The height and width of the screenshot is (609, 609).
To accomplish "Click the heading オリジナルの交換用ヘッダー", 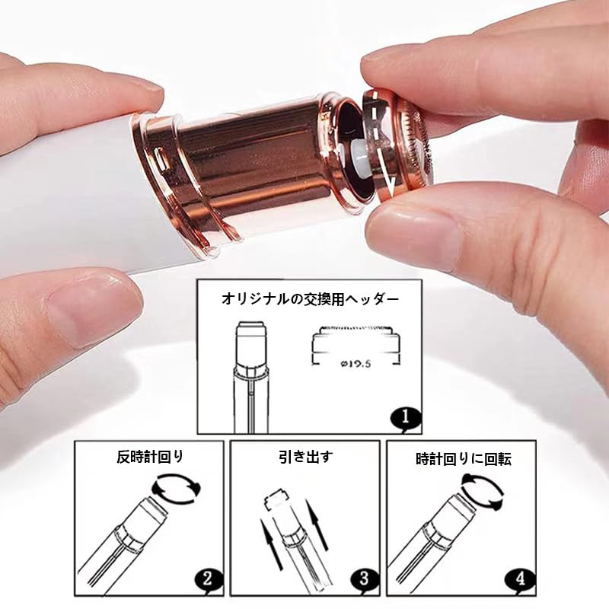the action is tap(310, 299).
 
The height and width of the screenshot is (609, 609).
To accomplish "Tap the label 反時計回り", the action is tap(150, 456).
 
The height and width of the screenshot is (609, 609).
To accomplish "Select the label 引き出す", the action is tap(306, 456).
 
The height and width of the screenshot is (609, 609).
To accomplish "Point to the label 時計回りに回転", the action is tap(464, 459).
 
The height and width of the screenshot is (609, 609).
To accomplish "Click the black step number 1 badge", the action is tap(406, 418).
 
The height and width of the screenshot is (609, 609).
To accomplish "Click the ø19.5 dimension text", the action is tap(356, 364).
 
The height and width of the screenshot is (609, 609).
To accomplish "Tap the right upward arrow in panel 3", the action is tap(316, 525).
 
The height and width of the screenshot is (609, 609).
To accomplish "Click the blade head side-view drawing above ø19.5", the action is tap(356, 340).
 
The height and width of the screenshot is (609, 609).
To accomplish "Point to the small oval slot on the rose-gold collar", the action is tap(160, 158).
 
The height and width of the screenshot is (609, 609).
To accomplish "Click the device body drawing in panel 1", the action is tap(251, 377).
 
